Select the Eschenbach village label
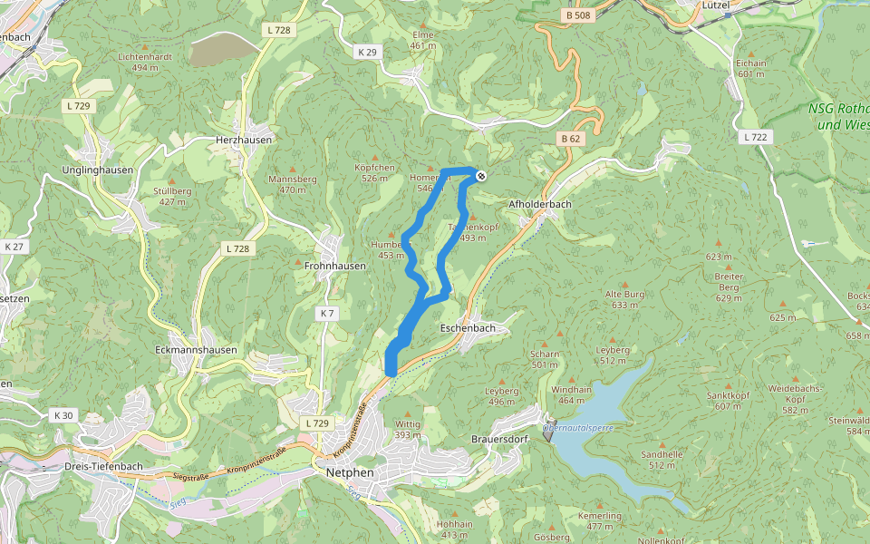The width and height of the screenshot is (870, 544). coord(468,327)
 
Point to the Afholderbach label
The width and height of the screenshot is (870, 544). coord(540,204)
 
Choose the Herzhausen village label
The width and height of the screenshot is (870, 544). coord(244,141)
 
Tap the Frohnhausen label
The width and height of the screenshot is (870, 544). coord(335,266)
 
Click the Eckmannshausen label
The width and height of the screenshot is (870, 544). coord(196,350)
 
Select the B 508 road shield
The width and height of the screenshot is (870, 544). coord(576,15)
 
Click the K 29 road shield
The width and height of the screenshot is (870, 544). coord(367,53)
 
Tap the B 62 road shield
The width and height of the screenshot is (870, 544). coord(569,139)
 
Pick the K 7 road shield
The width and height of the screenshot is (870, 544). coord(327,313)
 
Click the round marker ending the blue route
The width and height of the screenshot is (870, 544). coord(481,176)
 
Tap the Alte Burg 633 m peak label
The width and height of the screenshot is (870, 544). coord(624,300)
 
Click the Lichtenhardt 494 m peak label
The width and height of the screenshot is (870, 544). coord(145,62)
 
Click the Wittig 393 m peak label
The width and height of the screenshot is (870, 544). coord(408,429)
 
